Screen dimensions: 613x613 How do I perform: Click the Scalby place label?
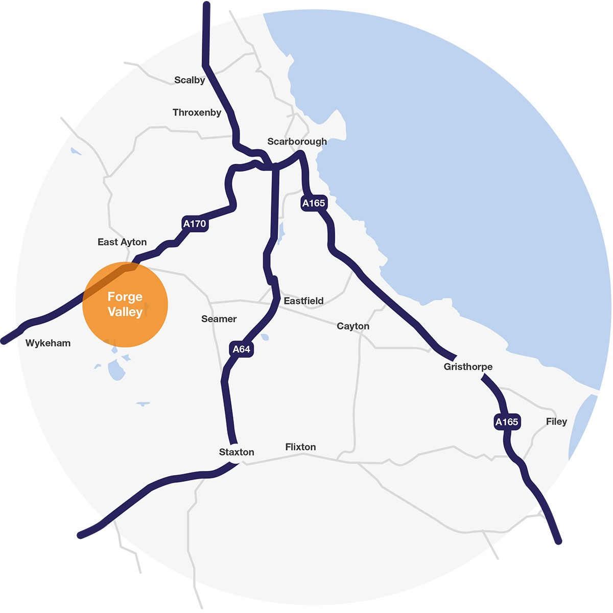pyautogui.click(x=190, y=80)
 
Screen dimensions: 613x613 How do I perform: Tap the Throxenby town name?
pyautogui.click(x=197, y=112)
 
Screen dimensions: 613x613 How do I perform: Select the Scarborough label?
pyautogui.click(x=297, y=142)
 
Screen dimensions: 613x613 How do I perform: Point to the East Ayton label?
pyautogui.click(x=122, y=242)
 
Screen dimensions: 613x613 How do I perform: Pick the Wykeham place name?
pyautogui.click(x=48, y=343)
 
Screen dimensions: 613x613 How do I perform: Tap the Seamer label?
pyautogui.click(x=219, y=319)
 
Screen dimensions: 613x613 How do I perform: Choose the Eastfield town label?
pyautogui.click(x=303, y=301)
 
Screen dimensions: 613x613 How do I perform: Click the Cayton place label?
pyautogui.click(x=353, y=326)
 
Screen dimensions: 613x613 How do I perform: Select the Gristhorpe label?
pyautogui.click(x=468, y=367)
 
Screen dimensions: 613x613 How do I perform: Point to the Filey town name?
pyautogui.click(x=556, y=421)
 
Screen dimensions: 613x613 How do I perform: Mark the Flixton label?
pyautogui.click(x=300, y=447)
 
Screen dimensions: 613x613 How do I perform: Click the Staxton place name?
pyautogui.click(x=237, y=452)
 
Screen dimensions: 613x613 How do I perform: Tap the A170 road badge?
pyautogui.click(x=195, y=224)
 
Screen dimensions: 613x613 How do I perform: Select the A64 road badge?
pyautogui.click(x=241, y=349)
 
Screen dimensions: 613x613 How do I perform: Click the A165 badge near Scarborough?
pyautogui.click(x=313, y=203)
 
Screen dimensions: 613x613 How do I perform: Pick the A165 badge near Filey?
pyautogui.click(x=507, y=422)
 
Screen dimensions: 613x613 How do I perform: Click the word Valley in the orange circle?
pyautogui.click(x=125, y=312)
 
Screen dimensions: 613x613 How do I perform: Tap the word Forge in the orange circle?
pyautogui.click(x=125, y=297)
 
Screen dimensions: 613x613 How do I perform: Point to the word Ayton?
pyautogui.click(x=133, y=242)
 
